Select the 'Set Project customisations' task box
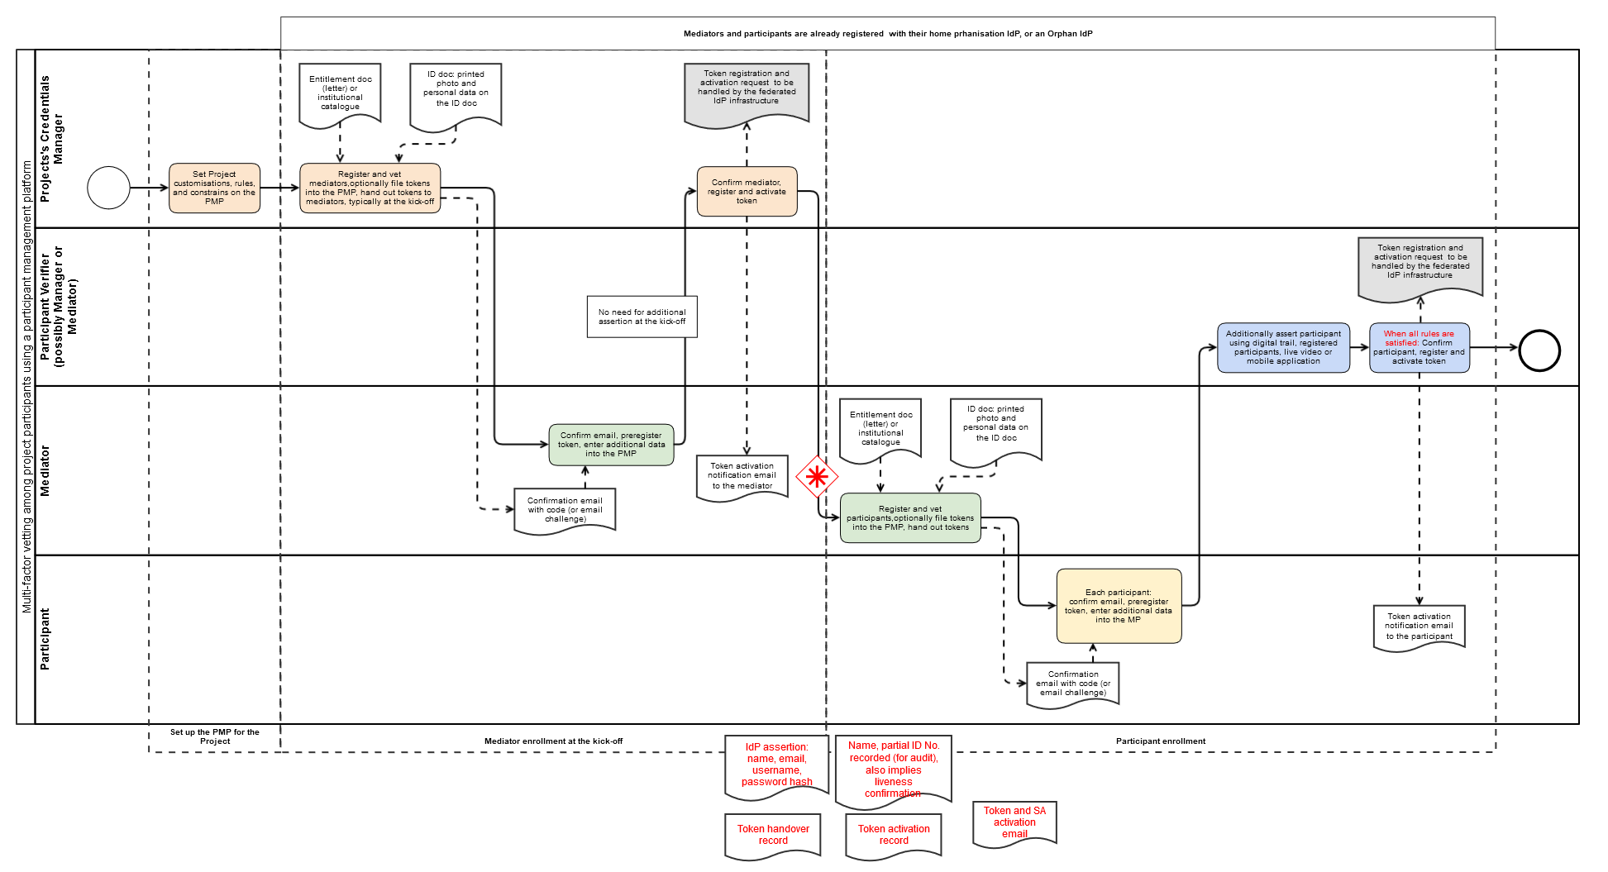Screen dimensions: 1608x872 [x=214, y=188]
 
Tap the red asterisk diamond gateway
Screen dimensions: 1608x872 [x=817, y=476]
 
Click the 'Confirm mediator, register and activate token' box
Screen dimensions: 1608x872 [x=747, y=192]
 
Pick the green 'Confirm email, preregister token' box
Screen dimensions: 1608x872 [x=611, y=445]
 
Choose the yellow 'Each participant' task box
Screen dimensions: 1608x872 [x=1119, y=606]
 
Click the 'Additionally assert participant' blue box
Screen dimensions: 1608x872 [x=1283, y=348]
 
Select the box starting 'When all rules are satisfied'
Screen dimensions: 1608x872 [x=1419, y=348]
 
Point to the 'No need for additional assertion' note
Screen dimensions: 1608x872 [x=642, y=317]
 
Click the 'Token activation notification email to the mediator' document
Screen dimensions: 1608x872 [x=742, y=477]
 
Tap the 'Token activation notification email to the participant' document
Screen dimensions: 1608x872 [x=1419, y=627]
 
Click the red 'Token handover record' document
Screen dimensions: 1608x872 [x=773, y=836]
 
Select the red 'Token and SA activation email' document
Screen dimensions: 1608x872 [x=1014, y=823]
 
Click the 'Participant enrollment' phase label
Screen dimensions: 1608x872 [x=1161, y=741]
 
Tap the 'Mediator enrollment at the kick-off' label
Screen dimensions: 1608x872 [x=553, y=741]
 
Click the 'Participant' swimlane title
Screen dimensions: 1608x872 [x=45, y=639]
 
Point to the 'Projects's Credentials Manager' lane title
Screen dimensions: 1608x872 [x=51, y=139]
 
